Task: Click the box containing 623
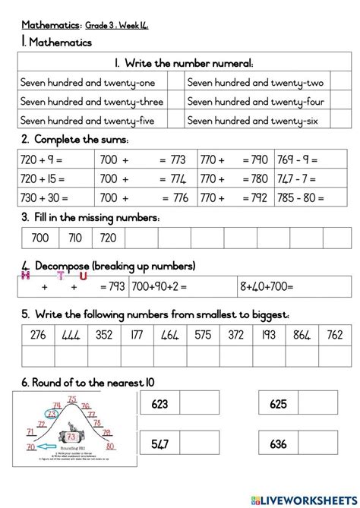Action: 159,405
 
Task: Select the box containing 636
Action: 279,444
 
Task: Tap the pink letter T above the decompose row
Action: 60,276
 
